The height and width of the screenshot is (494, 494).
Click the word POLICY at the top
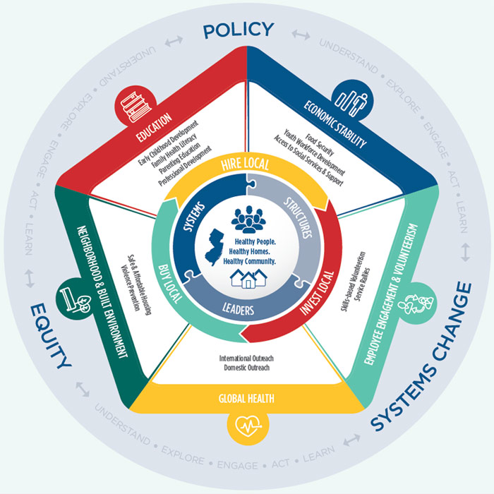click(238, 30)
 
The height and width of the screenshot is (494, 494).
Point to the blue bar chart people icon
click(357, 100)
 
